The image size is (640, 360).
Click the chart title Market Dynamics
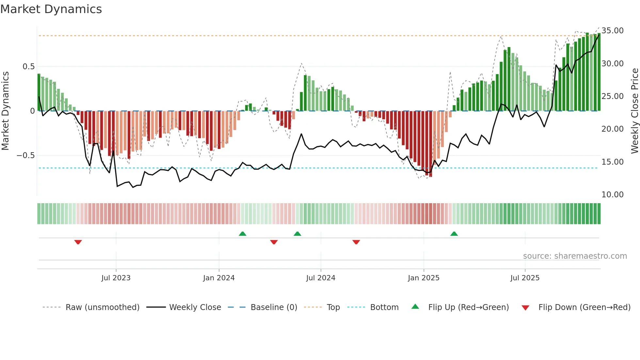51,9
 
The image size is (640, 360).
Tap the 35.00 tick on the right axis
612,31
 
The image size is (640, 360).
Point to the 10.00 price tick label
612,195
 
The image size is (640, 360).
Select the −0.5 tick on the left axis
25,155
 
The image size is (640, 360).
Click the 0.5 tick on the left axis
28,67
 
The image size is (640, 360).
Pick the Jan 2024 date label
219,278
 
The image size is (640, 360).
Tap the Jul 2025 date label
525,278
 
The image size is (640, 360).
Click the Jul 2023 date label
116,278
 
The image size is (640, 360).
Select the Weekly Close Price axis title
634,111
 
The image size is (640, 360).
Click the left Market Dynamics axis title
5,111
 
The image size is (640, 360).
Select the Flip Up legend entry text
468,307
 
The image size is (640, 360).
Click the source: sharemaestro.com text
575,256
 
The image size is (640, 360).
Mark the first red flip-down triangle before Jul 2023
78,242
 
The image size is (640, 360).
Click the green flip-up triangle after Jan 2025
454,234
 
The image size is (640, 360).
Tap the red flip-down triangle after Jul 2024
356,242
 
